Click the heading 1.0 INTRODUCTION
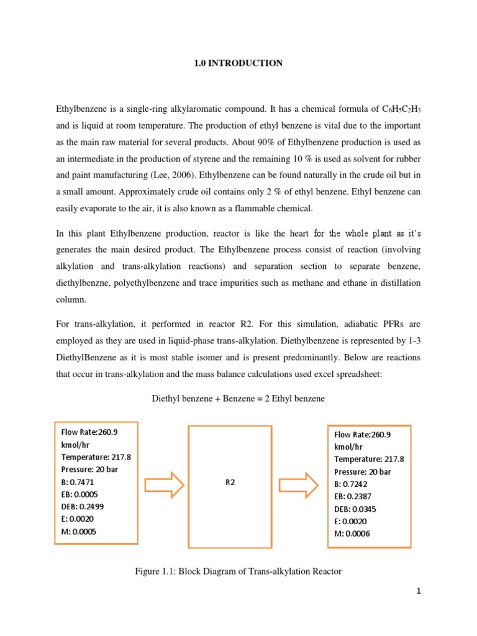coord(238,63)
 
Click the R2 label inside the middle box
coord(230,483)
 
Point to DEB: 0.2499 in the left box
coord(83,507)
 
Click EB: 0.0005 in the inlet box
coord(81,494)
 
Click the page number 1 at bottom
coord(419,591)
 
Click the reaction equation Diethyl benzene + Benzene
coord(238,399)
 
